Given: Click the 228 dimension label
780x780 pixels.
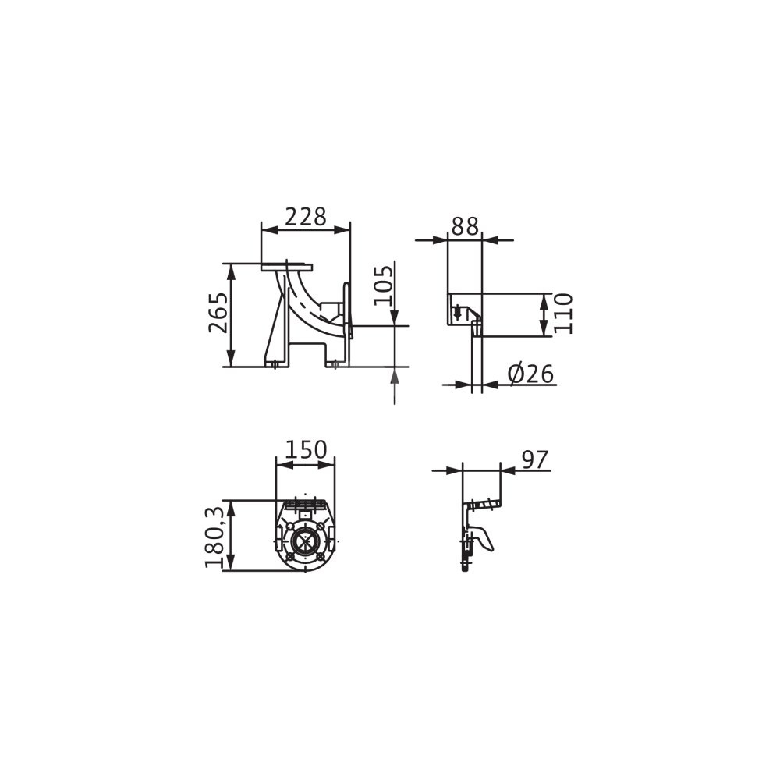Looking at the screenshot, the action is point(306,216).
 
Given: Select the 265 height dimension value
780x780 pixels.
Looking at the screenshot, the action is point(218,313).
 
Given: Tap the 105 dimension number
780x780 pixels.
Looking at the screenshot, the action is point(384,285).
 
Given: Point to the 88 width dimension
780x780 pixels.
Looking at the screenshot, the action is point(465,226).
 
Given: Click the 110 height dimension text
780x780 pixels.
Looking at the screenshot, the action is point(563,314).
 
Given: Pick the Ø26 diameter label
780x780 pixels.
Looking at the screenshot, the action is point(530,374).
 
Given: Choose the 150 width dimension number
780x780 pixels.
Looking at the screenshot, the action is point(306,449).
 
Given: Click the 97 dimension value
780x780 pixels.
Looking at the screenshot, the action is point(534,459).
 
